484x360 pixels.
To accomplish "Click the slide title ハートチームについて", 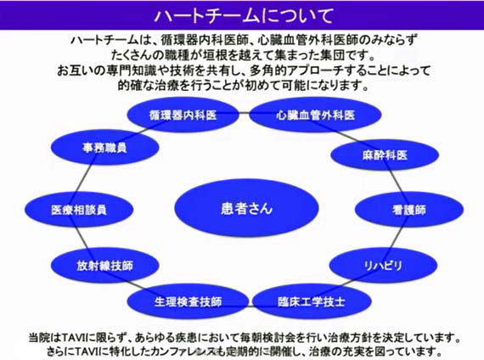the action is [x=244, y=15].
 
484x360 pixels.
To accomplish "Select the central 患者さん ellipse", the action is [x=246, y=208].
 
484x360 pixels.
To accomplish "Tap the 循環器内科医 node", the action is [x=183, y=115].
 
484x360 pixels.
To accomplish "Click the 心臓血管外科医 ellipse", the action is [x=315, y=115].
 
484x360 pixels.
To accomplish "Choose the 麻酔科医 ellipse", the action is [x=385, y=155].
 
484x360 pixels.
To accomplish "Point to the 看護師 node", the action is [x=409, y=210].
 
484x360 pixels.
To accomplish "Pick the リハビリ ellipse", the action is [x=383, y=265].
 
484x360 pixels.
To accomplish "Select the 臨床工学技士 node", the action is [x=312, y=301].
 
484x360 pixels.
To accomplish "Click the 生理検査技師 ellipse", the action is [x=188, y=301].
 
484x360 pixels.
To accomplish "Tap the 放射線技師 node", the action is [x=105, y=265].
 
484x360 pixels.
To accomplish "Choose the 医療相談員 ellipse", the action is [x=79, y=210].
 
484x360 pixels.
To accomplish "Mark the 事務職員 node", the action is [x=105, y=147].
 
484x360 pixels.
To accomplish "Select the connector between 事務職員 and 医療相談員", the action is [x=85, y=178].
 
